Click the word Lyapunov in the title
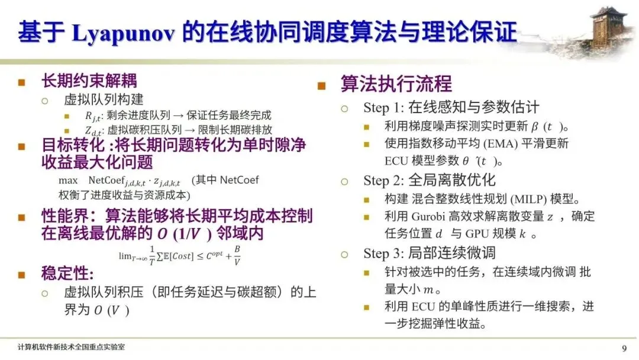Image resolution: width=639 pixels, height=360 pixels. coord(123,33)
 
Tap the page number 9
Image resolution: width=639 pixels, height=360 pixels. coord(624,348)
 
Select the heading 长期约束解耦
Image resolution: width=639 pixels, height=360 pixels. coord(89,81)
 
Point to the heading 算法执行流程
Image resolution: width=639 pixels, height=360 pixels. coord(396,84)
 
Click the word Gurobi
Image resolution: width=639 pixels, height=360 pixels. coord(428,216)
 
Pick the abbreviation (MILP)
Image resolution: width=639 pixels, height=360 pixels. coord(528,199)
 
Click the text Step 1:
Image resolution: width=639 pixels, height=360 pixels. coord(383,108)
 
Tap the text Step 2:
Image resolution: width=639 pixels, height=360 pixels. coord(383,180)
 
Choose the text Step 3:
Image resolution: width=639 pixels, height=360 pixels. coord(383,253)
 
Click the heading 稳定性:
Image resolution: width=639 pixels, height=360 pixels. coord(67,273)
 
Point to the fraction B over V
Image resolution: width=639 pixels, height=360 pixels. coord(237,255)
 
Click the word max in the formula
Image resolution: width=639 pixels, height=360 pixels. coord(68,180)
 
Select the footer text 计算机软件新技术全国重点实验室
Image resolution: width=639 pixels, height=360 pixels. coord(72,347)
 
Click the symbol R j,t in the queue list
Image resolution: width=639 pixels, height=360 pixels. coord(93,116)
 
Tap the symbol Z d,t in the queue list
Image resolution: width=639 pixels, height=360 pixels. coord(93,131)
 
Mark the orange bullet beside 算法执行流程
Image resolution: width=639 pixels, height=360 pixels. coord(321,86)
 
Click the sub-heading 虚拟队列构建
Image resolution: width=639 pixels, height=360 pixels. coord(104,99)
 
